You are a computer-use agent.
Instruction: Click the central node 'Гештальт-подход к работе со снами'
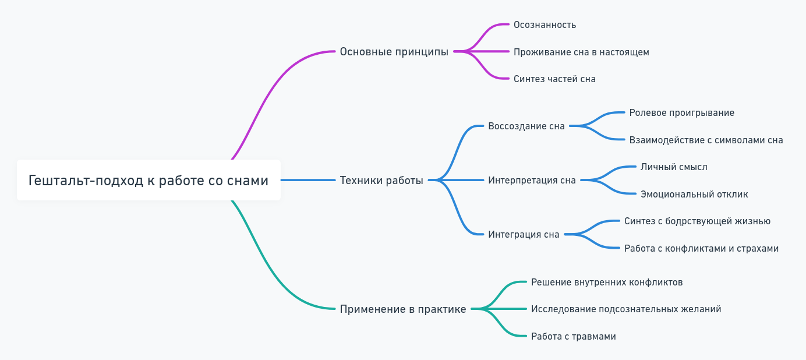coord(149,181)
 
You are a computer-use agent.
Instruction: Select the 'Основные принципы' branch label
coord(394,52)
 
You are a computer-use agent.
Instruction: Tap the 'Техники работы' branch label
coord(381,181)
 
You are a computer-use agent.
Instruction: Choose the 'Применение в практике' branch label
coord(403,309)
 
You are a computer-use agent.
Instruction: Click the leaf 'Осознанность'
coord(545,25)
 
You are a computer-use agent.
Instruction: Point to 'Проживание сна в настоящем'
coord(581,52)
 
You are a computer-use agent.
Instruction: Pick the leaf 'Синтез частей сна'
coord(554,79)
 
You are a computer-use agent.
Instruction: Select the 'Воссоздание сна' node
coord(526,126)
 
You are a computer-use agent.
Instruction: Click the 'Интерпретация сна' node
coord(532,181)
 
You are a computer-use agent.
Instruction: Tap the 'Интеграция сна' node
coord(524,235)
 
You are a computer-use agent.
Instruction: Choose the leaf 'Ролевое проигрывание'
coord(681,113)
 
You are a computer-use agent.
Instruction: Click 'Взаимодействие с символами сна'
coord(706,140)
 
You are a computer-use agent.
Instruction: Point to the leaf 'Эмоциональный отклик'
coord(694,195)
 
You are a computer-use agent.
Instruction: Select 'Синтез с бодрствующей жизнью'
coord(697,221)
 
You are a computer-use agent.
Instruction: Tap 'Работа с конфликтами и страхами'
coord(701,249)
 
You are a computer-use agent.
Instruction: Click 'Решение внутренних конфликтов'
coord(607,283)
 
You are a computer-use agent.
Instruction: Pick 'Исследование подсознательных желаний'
coord(626,309)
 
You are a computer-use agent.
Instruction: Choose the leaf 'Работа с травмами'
coord(573,337)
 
